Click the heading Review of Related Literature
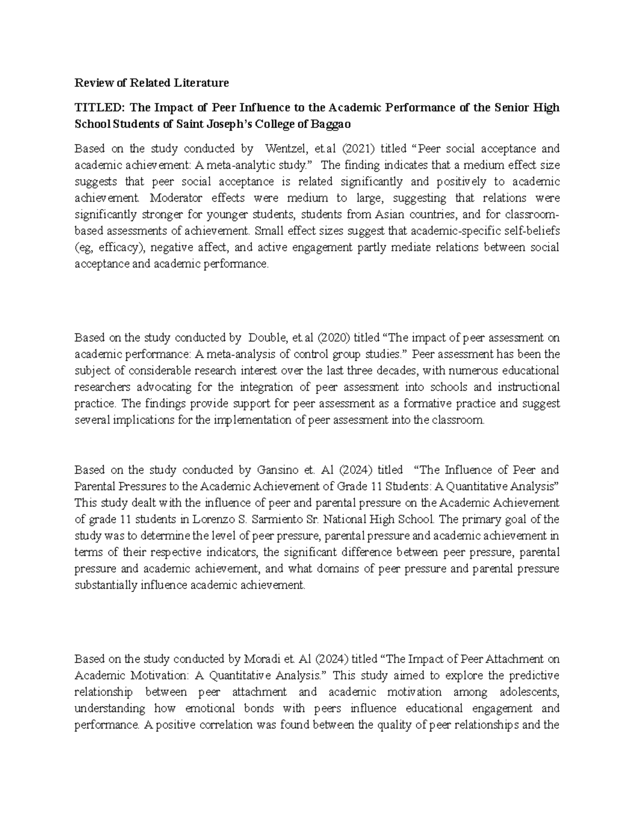tap(151, 83)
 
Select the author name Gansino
tap(279, 470)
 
